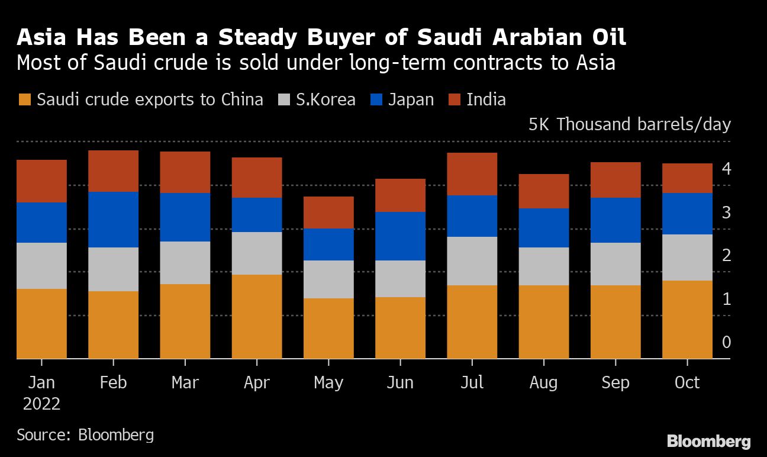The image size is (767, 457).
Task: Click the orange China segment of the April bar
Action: pyautogui.click(x=257, y=317)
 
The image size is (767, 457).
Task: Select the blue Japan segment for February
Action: pyautogui.click(x=113, y=220)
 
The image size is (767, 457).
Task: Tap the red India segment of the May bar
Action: pyautogui.click(x=328, y=213)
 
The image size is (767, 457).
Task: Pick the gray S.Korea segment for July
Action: pyautogui.click(x=472, y=261)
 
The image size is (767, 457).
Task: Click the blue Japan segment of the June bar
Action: pyautogui.click(x=400, y=236)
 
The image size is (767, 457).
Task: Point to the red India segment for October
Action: pyautogui.click(x=687, y=178)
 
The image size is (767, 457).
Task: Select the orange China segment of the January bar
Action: pyautogui.click(x=41, y=324)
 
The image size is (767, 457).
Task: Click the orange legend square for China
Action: pyautogui.click(x=24, y=99)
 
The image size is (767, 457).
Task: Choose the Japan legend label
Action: pyautogui.click(x=411, y=99)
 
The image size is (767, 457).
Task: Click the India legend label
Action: pyautogui.click(x=486, y=99)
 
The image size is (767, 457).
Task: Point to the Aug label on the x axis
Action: pyautogui.click(x=543, y=383)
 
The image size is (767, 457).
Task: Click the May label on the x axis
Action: pyautogui.click(x=328, y=383)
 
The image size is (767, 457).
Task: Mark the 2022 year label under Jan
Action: pyautogui.click(x=41, y=404)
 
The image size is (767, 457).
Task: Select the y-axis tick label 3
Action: pyautogui.click(x=726, y=213)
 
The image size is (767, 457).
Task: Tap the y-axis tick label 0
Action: pyautogui.click(x=726, y=342)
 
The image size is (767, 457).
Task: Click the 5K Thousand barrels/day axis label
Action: pyautogui.click(x=629, y=125)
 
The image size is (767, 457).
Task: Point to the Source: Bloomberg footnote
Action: pyautogui.click(x=85, y=435)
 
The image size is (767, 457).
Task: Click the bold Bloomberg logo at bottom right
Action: pyautogui.click(x=708, y=442)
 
